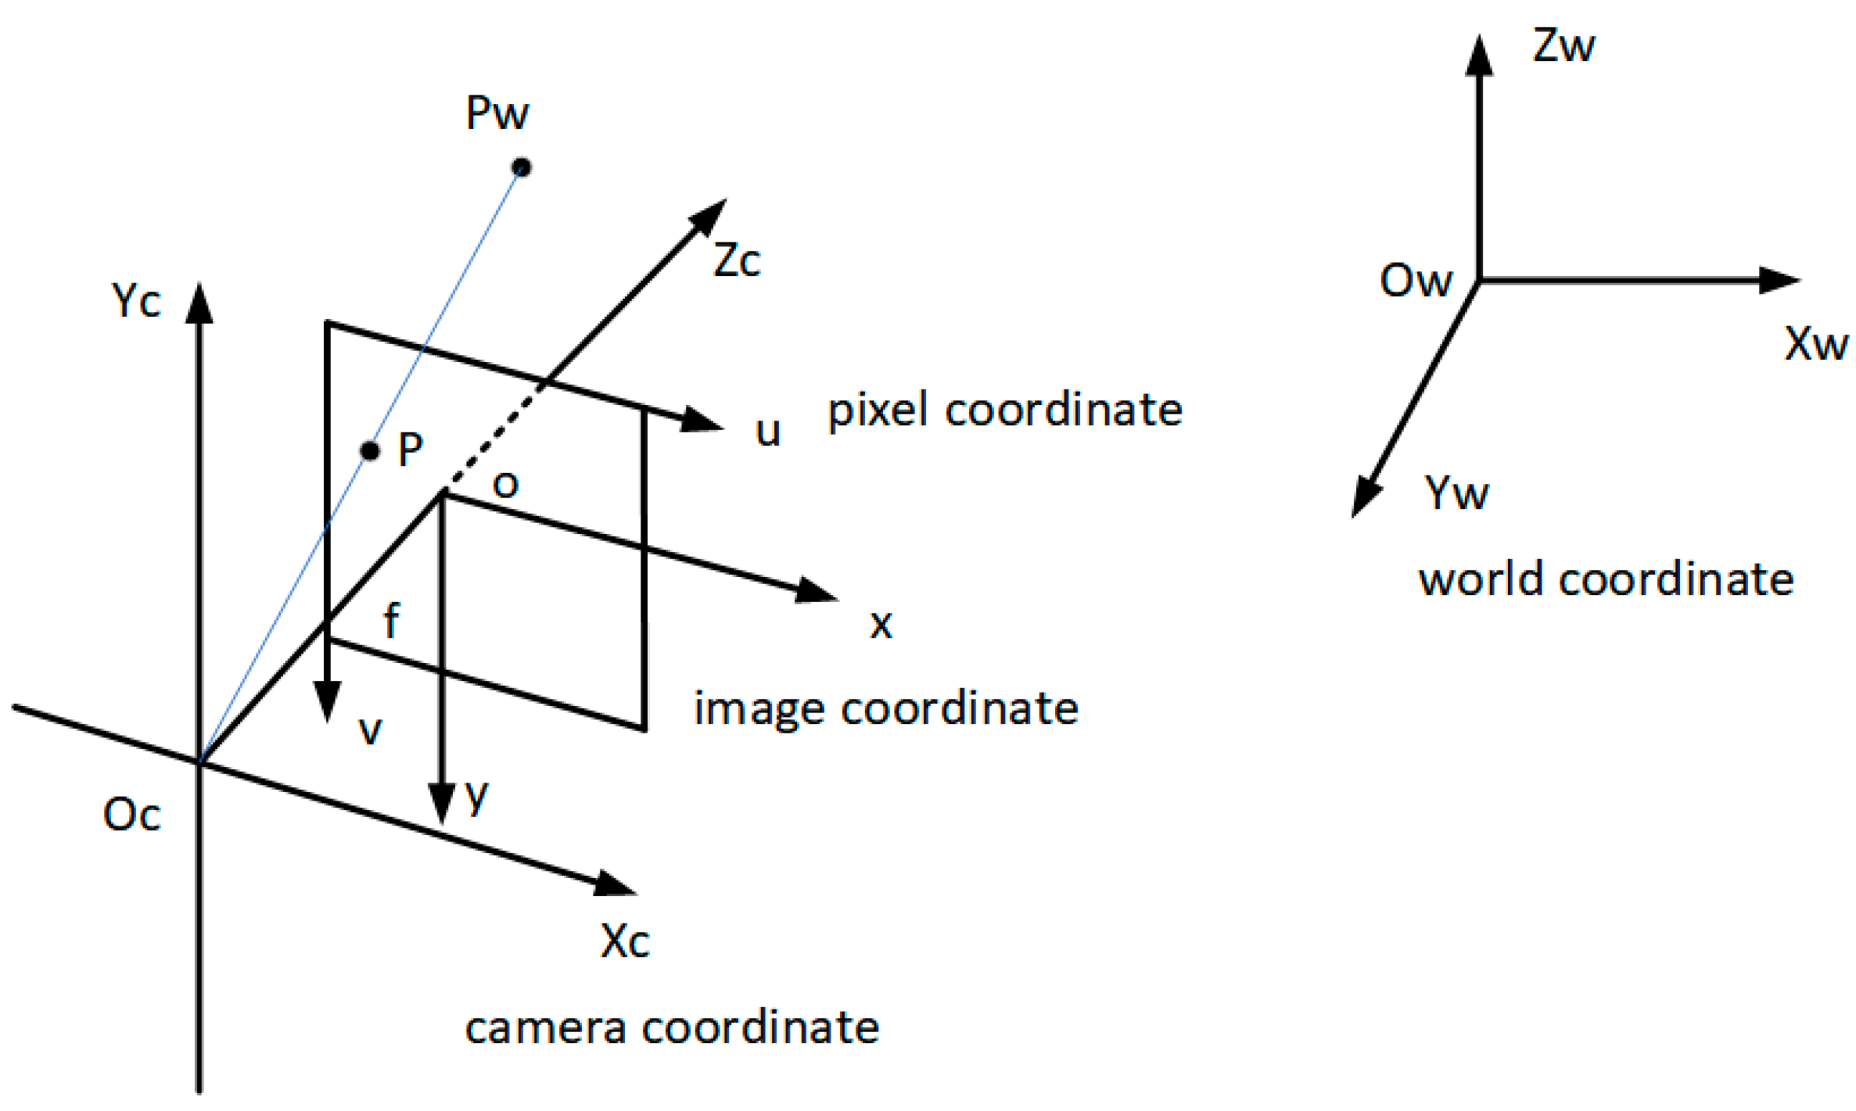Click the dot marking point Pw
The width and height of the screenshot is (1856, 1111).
(x=521, y=167)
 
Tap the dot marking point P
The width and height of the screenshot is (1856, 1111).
(x=370, y=451)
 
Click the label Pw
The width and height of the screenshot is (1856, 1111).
(x=497, y=113)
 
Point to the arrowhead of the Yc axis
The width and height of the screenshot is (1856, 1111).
(x=199, y=303)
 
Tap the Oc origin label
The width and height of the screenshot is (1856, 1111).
(x=131, y=815)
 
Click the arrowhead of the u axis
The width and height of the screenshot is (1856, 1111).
(x=701, y=421)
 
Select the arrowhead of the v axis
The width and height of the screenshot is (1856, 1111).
(x=327, y=699)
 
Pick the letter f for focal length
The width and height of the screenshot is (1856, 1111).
(x=391, y=621)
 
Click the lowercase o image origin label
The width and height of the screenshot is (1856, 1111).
(x=505, y=485)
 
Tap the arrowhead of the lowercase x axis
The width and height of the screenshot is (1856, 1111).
(x=816, y=592)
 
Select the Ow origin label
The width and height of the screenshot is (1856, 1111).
(x=1415, y=281)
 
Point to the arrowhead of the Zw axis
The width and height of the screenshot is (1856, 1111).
(x=1479, y=56)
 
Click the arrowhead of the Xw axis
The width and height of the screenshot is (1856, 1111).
(x=1779, y=280)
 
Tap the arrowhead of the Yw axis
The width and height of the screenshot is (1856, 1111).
(x=1366, y=496)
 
